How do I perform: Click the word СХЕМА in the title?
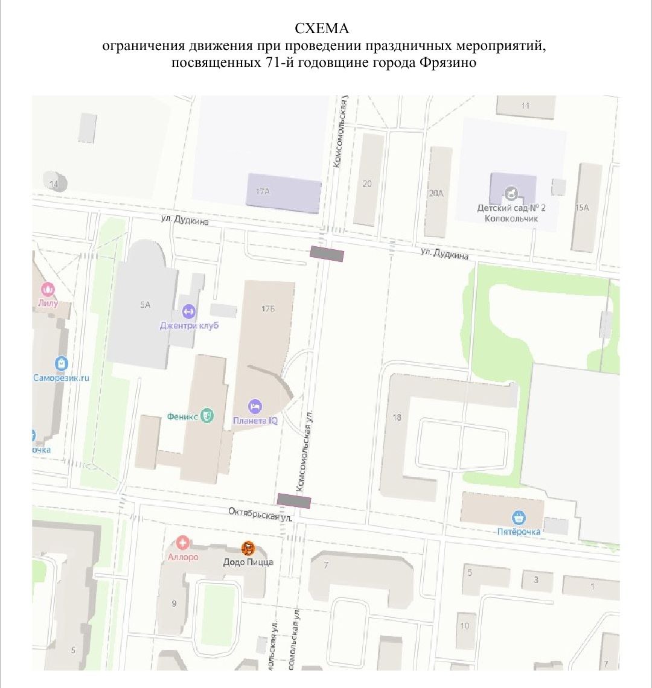(x=322, y=29)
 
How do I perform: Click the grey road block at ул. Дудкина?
(x=327, y=254)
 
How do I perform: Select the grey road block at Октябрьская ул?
(x=294, y=500)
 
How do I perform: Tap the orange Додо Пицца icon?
(x=248, y=549)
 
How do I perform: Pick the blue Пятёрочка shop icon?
(x=518, y=518)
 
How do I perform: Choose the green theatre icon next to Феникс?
(x=207, y=415)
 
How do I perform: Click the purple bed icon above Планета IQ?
(x=255, y=406)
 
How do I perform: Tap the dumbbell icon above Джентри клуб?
(x=188, y=312)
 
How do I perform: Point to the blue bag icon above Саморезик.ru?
(x=61, y=363)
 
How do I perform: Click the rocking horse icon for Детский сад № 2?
(x=512, y=193)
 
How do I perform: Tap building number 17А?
(x=262, y=191)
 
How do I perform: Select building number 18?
(x=397, y=417)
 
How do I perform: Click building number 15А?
(x=582, y=208)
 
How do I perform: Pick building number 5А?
(x=145, y=305)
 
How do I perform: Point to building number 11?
(x=525, y=106)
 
